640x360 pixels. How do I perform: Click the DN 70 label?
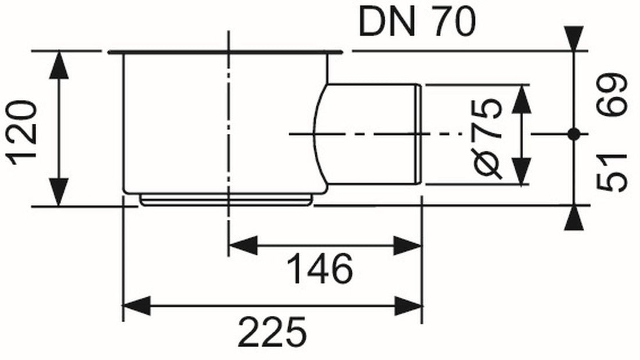pyautogui.click(x=417, y=22)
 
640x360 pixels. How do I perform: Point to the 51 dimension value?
pyautogui.click(x=611, y=172)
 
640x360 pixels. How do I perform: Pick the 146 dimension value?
pyautogui.click(x=319, y=269)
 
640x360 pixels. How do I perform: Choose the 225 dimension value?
pyautogui.click(x=272, y=332)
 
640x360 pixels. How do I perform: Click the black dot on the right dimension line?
pyautogui.click(x=574, y=134)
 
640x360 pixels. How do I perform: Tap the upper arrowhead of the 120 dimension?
pyautogui.click(x=59, y=65)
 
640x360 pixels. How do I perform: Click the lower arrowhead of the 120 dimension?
pyautogui.click(x=59, y=192)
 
